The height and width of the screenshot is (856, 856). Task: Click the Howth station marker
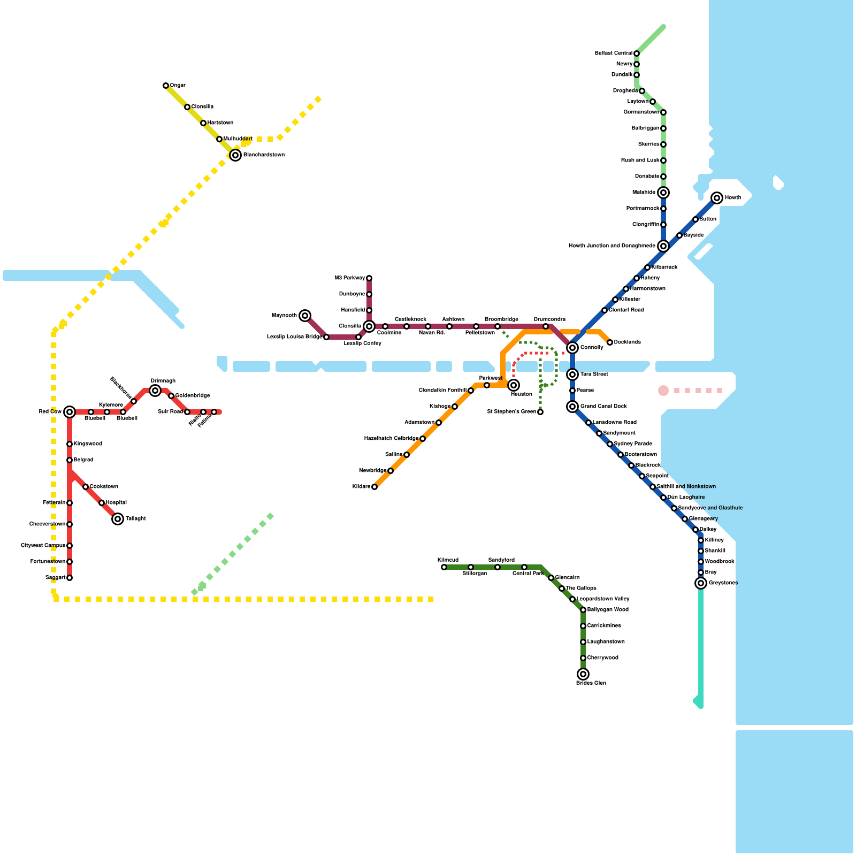pyautogui.click(x=717, y=198)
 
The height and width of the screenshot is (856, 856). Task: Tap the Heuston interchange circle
pyautogui.click(x=514, y=385)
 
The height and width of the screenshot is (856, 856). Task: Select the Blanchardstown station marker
pyautogui.click(x=235, y=155)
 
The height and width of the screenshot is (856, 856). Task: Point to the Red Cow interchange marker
pyautogui.click(x=70, y=412)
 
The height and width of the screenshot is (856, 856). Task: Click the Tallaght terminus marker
pyautogui.click(x=118, y=519)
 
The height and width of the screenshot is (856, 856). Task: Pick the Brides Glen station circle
pyautogui.click(x=583, y=674)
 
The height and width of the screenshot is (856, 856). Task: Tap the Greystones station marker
pyautogui.click(x=701, y=583)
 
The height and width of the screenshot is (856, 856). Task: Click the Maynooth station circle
pyautogui.click(x=305, y=316)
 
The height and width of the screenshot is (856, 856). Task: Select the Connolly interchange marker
pyautogui.click(x=572, y=348)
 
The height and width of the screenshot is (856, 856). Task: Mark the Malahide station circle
pyautogui.click(x=663, y=193)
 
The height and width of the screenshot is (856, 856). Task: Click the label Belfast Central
pyautogui.click(x=614, y=53)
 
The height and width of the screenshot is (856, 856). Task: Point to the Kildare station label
pyautogui.click(x=361, y=487)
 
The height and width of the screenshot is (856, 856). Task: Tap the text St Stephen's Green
pyautogui.click(x=511, y=412)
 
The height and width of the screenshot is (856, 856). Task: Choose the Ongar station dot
pyautogui.click(x=166, y=86)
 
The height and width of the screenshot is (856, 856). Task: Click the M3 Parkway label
pyautogui.click(x=349, y=278)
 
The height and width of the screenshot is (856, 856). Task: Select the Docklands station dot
pyautogui.click(x=610, y=342)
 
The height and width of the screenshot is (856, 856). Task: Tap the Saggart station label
pyautogui.click(x=55, y=578)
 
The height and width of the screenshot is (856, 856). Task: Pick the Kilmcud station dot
pyautogui.click(x=444, y=567)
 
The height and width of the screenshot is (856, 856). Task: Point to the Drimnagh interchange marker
pyautogui.click(x=155, y=391)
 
